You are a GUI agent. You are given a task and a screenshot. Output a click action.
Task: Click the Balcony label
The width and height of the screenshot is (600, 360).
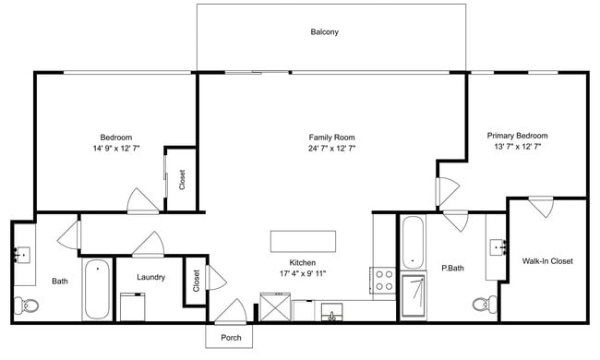click(324, 32)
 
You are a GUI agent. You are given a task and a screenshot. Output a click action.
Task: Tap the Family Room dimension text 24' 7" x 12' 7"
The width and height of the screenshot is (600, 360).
click(331, 148)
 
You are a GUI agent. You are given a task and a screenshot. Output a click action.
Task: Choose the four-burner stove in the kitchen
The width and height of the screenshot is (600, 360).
click(384, 282)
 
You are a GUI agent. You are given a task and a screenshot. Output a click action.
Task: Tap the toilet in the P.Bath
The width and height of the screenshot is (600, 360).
click(479, 305)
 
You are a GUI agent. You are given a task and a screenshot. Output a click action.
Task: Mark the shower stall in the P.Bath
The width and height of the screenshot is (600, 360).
click(414, 295)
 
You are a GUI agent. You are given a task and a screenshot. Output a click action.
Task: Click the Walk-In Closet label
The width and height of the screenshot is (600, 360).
click(547, 261)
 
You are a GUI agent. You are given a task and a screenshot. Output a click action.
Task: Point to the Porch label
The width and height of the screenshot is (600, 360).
click(230, 336)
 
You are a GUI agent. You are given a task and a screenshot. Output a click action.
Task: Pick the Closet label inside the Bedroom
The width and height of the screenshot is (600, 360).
click(182, 179)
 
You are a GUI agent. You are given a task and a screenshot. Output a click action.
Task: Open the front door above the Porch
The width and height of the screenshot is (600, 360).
click(230, 311)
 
